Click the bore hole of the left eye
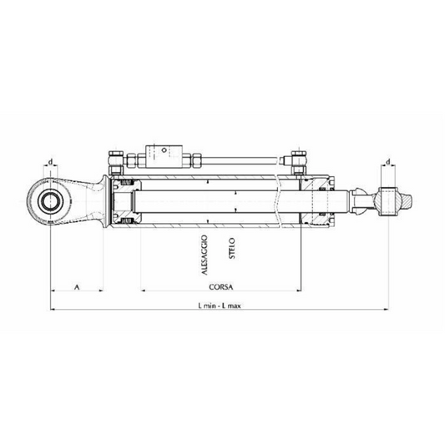(52, 201)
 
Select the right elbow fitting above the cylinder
(296, 158)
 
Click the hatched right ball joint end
(392, 201)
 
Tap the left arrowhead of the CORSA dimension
(144, 291)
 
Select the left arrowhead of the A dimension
(53, 291)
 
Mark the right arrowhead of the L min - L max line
(388, 311)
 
